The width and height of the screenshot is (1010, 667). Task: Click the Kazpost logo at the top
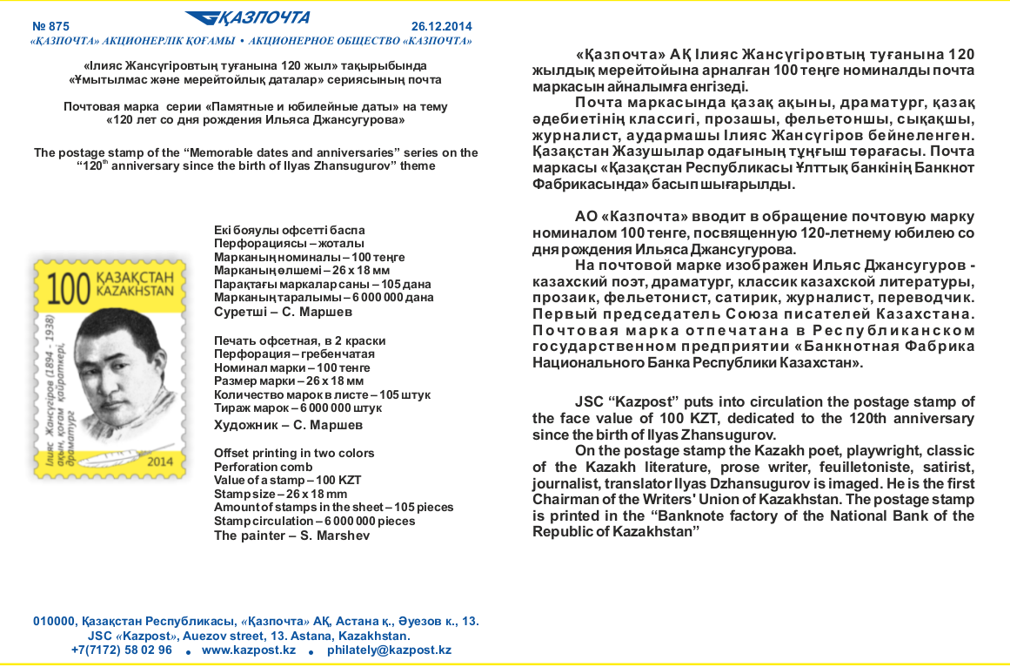247,18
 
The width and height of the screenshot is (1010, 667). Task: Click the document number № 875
50,26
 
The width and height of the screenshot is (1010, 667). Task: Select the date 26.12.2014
441,26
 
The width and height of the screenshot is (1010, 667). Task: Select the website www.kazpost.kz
249,650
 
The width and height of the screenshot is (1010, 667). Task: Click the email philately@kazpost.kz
389,650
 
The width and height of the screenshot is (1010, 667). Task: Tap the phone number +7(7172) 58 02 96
121,650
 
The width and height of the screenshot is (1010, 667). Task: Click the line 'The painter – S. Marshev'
291,536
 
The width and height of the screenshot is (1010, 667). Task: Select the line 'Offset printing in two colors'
294,453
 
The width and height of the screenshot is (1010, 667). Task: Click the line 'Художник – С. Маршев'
288,425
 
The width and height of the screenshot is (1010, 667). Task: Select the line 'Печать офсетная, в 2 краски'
299,340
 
